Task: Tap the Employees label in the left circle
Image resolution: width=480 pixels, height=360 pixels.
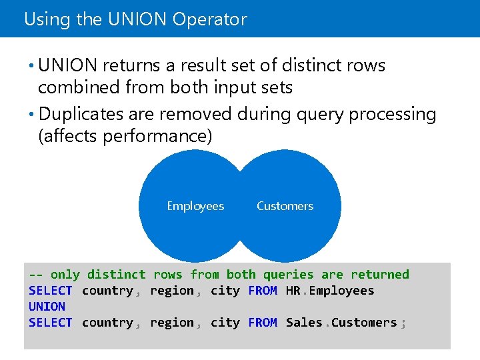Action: click(195, 206)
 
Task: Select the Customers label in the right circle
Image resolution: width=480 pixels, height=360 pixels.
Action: click(285, 206)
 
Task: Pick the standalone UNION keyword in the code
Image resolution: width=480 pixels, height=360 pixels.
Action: click(47, 307)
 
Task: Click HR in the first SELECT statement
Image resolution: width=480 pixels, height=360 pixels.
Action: click(293, 291)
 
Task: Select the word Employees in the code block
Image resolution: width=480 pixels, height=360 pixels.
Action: click(341, 291)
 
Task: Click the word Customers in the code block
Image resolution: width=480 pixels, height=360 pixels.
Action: click(364, 323)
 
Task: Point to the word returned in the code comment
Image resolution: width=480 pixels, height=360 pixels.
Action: click(380, 275)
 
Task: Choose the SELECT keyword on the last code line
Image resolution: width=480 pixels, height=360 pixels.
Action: click(51, 323)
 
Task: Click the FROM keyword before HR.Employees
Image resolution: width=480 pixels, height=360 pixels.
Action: click(263, 291)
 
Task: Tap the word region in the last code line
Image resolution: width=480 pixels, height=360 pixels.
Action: click(171, 323)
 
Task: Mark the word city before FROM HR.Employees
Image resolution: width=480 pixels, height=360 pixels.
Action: click(225, 291)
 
